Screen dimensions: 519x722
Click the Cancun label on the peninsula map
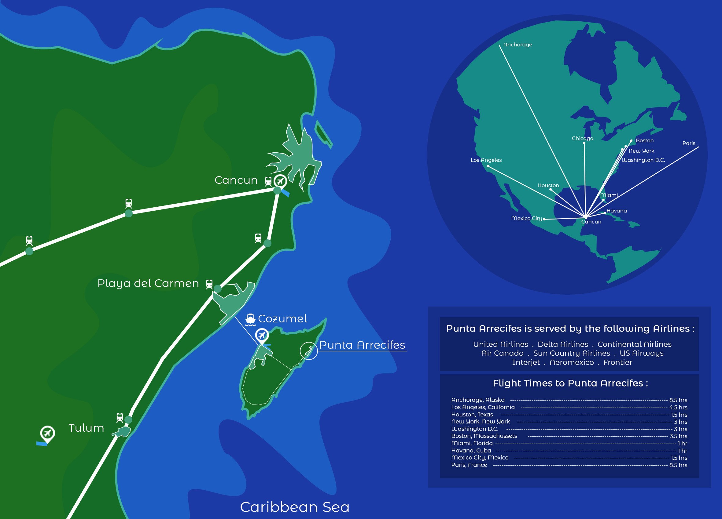236,180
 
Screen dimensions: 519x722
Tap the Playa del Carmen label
148,283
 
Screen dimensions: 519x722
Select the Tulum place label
86,428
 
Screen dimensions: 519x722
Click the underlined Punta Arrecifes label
362,345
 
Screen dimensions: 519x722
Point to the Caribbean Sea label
295,507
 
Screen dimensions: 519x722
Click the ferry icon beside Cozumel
250,320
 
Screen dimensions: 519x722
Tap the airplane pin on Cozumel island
262,335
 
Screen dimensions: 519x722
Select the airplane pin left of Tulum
47,433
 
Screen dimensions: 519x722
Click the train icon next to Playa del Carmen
209,284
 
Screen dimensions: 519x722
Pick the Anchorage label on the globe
518,45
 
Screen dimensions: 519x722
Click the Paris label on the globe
689,143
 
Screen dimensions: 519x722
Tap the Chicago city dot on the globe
584,143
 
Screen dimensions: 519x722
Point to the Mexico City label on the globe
527,219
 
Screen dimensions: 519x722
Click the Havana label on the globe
617,211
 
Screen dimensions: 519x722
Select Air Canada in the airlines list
502,353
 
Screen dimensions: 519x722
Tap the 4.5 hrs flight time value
678,408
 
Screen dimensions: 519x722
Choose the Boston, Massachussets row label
484,436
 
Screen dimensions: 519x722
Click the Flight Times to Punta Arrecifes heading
570,383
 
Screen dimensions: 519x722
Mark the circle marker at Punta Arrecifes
308,351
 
